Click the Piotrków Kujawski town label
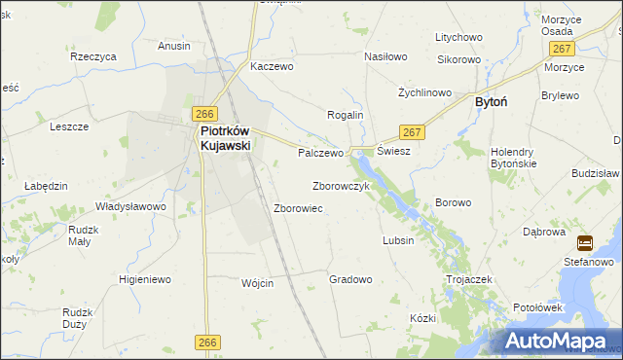[225, 137]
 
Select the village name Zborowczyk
[340, 185]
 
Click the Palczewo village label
[321, 153]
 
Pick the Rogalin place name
[344, 115]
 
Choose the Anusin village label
[174, 45]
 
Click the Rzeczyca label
[93, 56]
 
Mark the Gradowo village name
[350, 279]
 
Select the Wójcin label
[257, 283]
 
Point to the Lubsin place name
[398, 240]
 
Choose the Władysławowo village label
[130, 206]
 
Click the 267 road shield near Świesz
[411, 132]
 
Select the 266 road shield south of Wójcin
[205, 342]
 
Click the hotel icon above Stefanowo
[585, 243]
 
